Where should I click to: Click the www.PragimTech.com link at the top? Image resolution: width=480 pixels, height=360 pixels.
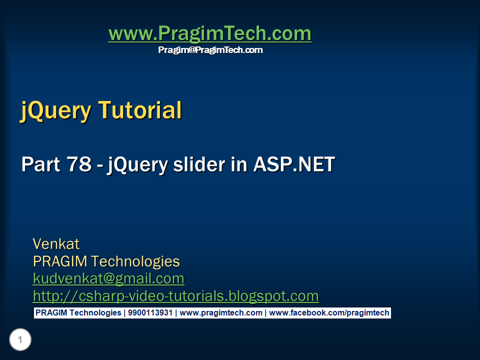209,34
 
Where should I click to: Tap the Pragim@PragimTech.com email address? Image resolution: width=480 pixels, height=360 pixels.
210,50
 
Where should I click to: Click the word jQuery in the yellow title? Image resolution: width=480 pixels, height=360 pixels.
55,110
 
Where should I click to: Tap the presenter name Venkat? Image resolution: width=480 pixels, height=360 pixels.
56,244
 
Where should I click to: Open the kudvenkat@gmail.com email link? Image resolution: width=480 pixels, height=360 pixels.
108,278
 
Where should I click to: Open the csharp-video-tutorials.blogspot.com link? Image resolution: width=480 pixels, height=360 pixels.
175,296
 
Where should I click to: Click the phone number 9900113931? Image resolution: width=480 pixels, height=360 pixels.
149,313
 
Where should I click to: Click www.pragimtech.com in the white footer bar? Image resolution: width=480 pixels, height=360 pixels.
220,313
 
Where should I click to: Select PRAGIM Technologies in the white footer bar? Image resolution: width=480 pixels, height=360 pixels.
78,313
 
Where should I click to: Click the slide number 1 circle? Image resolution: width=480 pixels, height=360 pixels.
20,340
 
